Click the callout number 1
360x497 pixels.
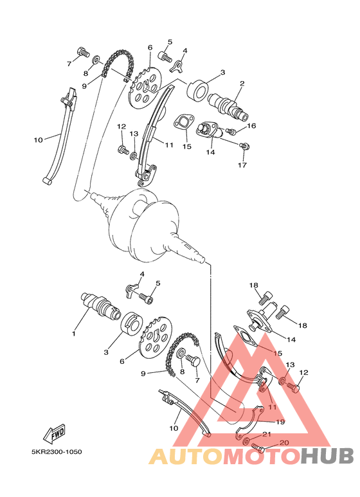(74, 334)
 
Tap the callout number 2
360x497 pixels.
(242, 84)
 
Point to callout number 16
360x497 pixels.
(251, 126)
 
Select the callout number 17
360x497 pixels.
(242, 165)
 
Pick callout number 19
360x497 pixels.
(280, 422)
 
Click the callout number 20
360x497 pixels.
(284, 443)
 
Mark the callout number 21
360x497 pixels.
(267, 435)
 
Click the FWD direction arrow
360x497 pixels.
(56, 432)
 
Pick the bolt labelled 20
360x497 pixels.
(258, 447)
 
